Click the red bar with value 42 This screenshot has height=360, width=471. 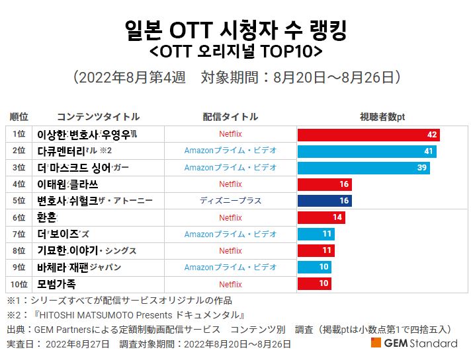(x=368, y=135)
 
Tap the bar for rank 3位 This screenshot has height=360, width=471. (x=363, y=168)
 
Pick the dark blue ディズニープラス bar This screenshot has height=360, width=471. (x=325, y=201)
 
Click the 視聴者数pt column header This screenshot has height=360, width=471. (x=382, y=117)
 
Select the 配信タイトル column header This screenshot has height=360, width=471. (x=230, y=117)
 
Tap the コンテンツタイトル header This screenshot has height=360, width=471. (x=98, y=117)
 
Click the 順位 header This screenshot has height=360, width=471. (x=19, y=117)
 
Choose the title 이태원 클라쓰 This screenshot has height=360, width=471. (x=67, y=184)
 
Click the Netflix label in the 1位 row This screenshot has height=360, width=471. (x=230, y=135)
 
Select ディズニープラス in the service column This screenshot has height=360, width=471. (x=230, y=201)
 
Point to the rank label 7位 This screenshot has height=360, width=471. (x=19, y=234)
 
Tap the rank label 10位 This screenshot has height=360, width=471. (x=19, y=285)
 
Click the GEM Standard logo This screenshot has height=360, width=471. (x=414, y=343)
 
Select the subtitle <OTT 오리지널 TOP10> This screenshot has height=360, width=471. (x=235, y=51)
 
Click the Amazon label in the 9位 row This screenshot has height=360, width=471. (x=230, y=268)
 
